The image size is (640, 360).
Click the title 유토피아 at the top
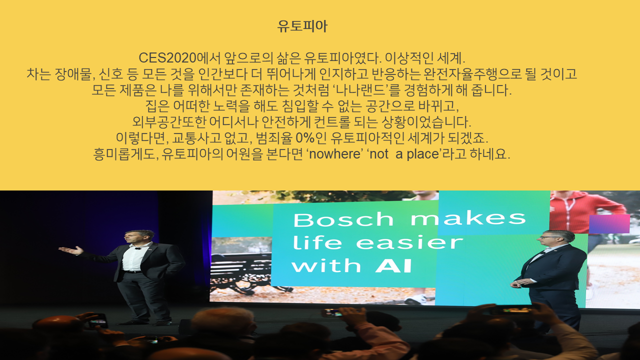point(302,26)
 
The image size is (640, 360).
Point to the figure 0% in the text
point(305,138)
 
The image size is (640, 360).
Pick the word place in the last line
point(422,154)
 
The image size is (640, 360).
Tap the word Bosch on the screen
point(343,219)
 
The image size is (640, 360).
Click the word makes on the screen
point(468,218)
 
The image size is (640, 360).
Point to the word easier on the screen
point(409,243)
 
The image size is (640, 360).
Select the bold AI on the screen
point(393,266)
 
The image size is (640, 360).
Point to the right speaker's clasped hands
point(518,283)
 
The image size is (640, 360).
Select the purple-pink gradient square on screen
point(609,224)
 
